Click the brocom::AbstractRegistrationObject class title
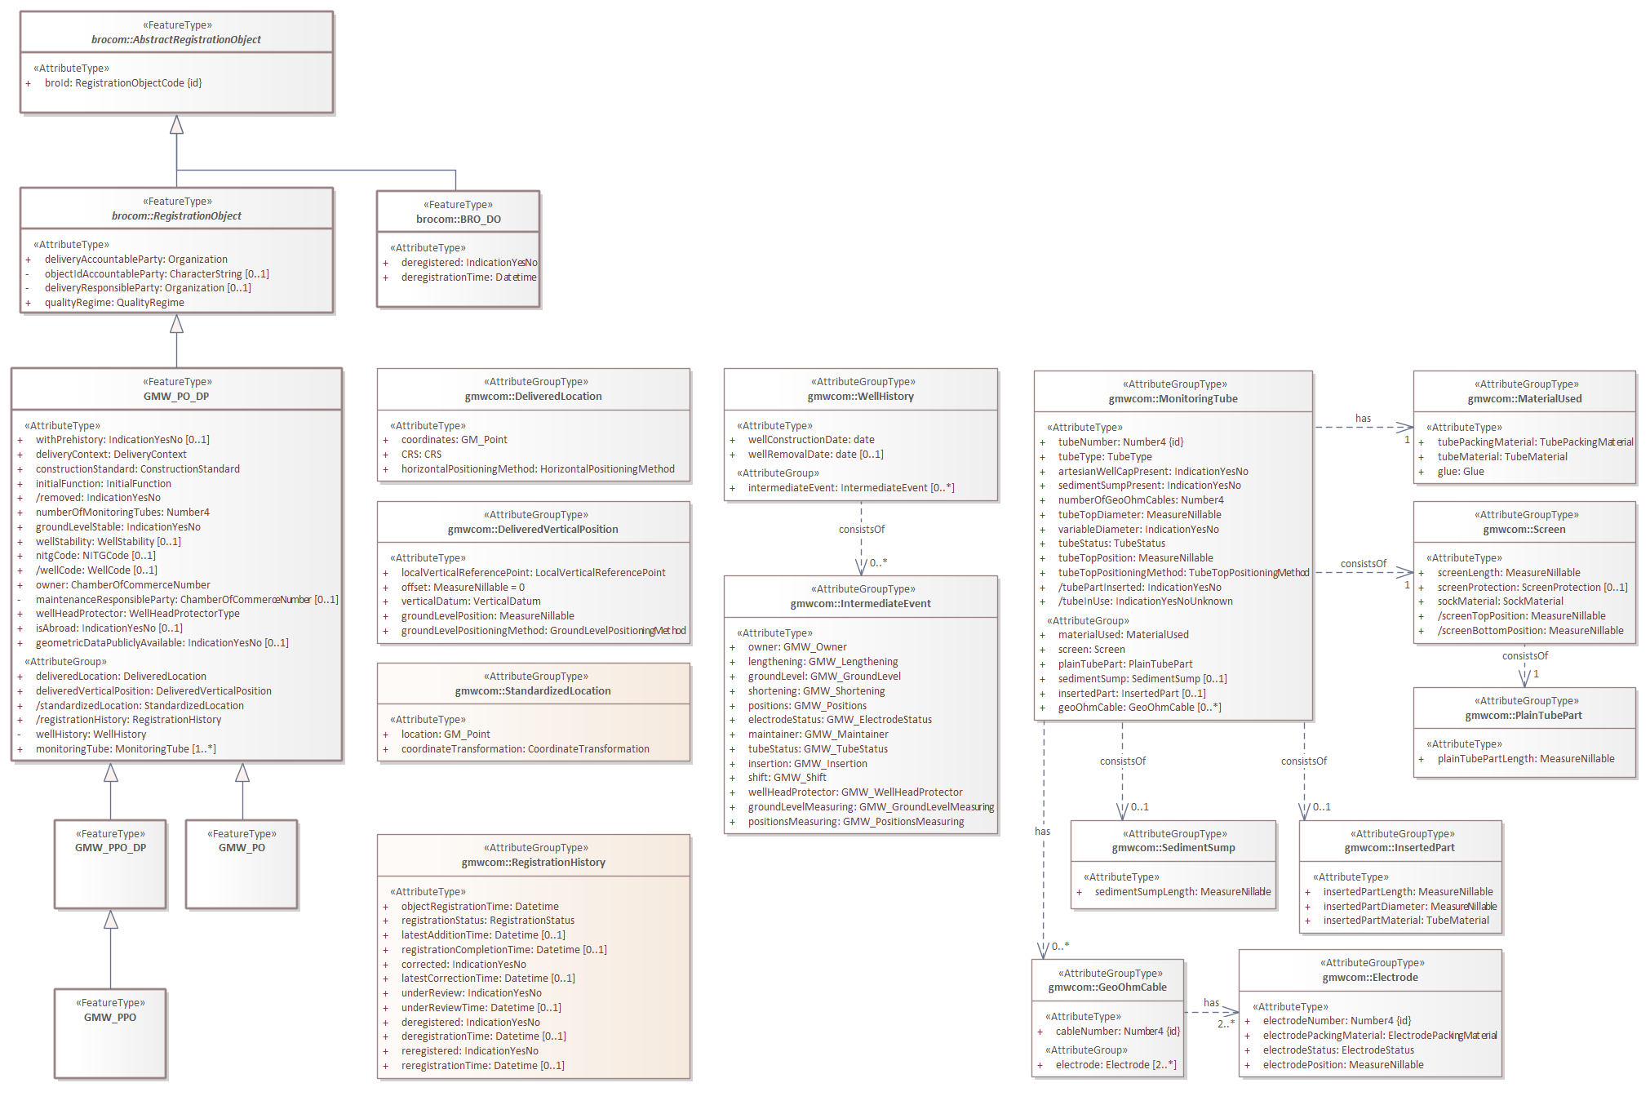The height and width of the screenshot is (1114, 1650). click(176, 40)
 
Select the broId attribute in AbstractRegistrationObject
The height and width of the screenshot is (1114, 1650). click(122, 83)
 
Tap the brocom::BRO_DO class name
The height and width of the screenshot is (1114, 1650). click(458, 220)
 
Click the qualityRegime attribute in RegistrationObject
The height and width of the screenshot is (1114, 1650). click(114, 303)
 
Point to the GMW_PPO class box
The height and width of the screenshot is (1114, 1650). click(110, 1032)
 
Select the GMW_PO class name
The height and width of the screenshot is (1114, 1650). click(242, 848)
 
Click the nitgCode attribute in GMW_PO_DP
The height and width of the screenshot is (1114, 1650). click(95, 556)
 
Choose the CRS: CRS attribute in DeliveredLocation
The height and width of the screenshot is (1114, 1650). click(421, 455)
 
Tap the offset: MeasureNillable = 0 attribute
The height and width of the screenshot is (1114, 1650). click(463, 588)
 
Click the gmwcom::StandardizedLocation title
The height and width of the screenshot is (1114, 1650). click(533, 691)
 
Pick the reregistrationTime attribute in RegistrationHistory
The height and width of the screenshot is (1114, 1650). click(482, 1066)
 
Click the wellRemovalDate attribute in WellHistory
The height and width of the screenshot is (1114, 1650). click(815, 455)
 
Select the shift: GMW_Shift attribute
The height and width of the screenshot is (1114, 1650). click(787, 778)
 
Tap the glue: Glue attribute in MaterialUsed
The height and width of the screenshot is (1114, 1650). click(1461, 472)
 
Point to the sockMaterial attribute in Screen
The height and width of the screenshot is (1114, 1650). click(1500, 601)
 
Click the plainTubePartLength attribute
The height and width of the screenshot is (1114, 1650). click(1526, 759)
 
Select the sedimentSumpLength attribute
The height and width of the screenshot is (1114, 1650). click(1182, 892)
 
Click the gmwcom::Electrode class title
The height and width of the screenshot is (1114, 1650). click(1370, 978)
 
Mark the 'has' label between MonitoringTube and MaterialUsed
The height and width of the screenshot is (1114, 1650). click(1363, 419)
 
